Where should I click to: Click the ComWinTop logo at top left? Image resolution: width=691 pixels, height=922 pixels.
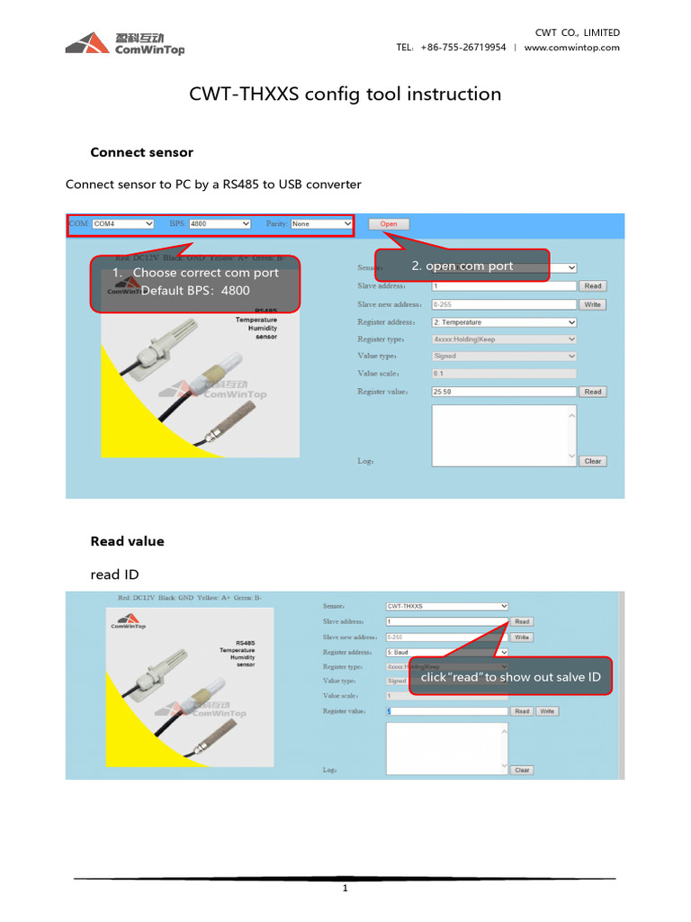point(125,43)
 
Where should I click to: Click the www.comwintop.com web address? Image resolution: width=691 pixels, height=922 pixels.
point(571,48)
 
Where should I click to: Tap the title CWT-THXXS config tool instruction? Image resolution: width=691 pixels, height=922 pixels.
point(345,94)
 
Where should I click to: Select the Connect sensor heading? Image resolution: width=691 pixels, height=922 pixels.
point(141,152)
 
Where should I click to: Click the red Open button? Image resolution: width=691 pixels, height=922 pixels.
point(389,223)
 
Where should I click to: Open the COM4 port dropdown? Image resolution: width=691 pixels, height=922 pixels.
point(122,223)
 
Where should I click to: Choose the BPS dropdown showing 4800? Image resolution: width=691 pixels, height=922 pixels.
point(220,223)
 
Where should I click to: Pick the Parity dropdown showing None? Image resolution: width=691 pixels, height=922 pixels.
point(321,223)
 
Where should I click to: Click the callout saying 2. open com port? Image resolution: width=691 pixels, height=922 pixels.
point(462,266)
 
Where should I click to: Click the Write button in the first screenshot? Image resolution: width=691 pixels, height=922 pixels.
point(592,304)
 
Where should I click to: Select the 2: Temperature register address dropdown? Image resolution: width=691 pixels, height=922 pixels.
point(504,321)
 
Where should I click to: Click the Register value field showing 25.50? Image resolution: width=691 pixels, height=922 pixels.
point(504,392)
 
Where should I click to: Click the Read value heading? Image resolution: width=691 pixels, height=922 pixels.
point(127,541)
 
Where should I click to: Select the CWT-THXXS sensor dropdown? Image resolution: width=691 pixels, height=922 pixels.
point(447,606)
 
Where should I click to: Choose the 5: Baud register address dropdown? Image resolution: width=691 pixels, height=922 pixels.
point(447,652)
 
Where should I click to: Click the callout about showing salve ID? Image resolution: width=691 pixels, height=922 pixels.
point(510,677)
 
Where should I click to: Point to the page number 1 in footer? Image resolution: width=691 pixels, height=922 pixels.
point(345,888)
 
